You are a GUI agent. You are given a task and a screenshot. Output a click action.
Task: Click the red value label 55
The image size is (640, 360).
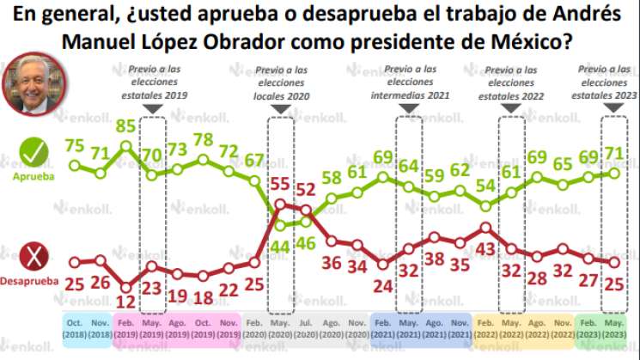click(279, 183)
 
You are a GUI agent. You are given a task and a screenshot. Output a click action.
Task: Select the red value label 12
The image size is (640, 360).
click(126, 302)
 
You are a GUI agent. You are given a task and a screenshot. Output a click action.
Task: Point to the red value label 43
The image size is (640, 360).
click(486, 248)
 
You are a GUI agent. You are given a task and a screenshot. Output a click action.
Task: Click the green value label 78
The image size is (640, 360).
click(203, 140)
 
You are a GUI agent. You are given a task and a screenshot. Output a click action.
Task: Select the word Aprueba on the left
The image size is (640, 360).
click(33, 176)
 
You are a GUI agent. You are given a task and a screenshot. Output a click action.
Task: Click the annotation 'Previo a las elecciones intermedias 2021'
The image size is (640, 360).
click(410, 82)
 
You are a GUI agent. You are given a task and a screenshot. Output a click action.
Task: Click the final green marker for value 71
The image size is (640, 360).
click(615, 173)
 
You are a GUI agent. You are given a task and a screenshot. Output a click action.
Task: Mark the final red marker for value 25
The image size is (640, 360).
click(615, 262)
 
